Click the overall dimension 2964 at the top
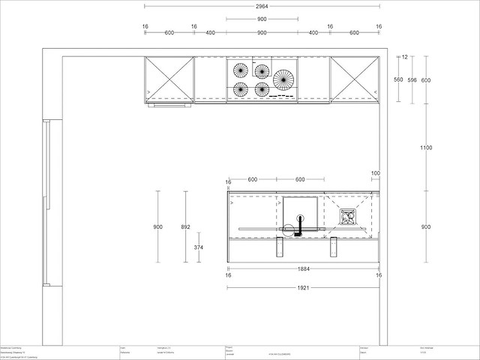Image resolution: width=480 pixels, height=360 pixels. pyautogui.click(x=262, y=6)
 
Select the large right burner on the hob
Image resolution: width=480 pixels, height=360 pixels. pyautogui.click(x=283, y=78)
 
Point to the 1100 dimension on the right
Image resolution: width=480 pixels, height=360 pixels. pyautogui.click(x=426, y=148)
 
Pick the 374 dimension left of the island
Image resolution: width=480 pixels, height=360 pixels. pyautogui.click(x=199, y=246)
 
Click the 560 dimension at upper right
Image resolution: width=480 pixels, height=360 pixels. pyautogui.click(x=398, y=79)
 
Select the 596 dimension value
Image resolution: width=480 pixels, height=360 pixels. pyautogui.click(x=412, y=79)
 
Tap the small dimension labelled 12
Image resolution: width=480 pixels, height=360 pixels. pyautogui.click(x=404, y=57)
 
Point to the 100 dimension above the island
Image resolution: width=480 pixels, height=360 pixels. pyautogui.click(x=375, y=174)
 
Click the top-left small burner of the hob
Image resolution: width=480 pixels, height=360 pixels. pyautogui.click(x=241, y=70)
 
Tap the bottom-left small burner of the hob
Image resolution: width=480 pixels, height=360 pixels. pyautogui.click(x=241, y=89)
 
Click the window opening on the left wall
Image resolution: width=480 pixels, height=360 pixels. pyautogui.click(x=46, y=202)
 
